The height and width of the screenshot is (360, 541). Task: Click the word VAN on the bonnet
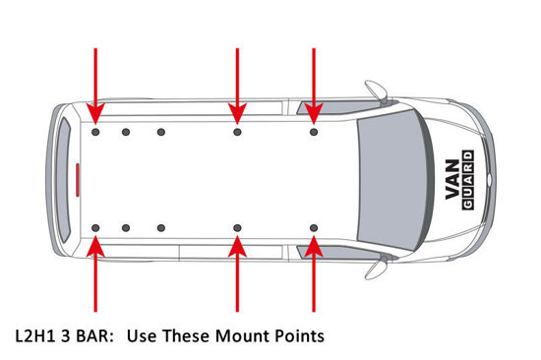click(452, 179)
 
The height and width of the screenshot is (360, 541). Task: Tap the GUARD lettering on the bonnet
click(468, 180)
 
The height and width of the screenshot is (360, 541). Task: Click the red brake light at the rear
click(78, 179)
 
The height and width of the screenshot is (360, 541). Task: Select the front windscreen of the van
click(395, 179)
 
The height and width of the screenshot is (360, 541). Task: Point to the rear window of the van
click(63, 179)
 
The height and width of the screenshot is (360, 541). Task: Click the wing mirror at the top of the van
click(376, 90)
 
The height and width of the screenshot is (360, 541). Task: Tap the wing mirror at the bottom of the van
click(376, 268)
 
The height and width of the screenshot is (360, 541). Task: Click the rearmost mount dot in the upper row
click(95, 132)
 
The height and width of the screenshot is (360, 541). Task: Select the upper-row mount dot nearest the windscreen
click(314, 132)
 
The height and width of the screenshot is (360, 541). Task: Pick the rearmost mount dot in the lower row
click(95, 228)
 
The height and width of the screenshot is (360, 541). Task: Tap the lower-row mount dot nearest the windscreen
click(314, 228)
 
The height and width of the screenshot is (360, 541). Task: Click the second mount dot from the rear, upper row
click(126, 132)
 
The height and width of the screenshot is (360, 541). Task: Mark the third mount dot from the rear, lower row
click(161, 228)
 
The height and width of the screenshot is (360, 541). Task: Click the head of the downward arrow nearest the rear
click(95, 113)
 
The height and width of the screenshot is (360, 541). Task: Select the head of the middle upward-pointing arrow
click(237, 247)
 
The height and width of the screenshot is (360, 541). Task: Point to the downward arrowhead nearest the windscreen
click(314, 113)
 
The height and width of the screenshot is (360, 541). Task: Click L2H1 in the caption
click(34, 335)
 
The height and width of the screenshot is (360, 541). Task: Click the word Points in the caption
click(300, 335)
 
